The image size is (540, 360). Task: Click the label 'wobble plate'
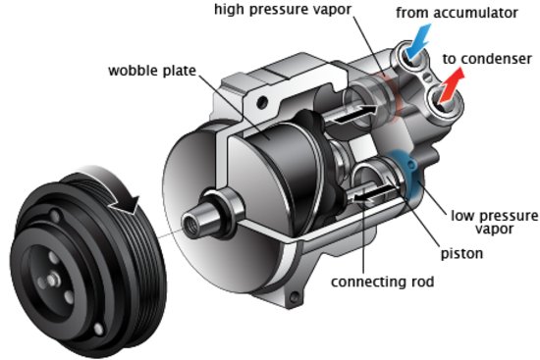152,71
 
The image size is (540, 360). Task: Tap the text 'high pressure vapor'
283,9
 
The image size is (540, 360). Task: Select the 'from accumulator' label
457,13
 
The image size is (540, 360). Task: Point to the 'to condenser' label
487,59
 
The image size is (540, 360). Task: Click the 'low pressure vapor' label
494,223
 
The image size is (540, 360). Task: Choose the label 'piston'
461,254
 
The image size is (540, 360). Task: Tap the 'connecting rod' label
382,282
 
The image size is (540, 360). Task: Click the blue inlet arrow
418,40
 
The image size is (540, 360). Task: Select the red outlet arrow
452,85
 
